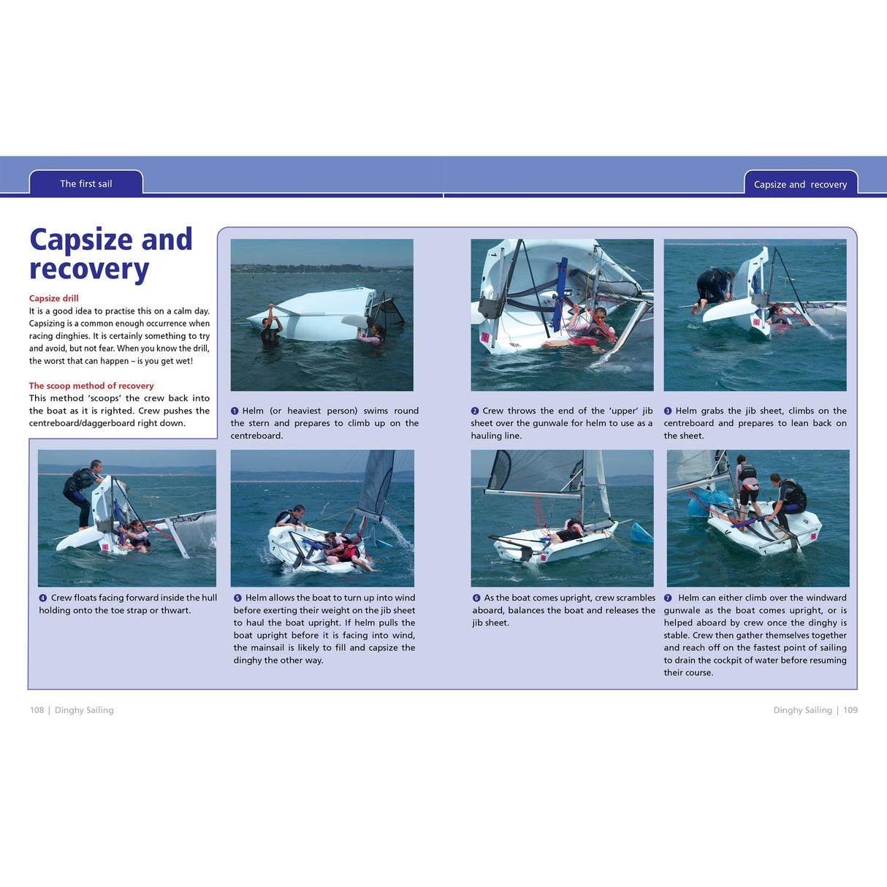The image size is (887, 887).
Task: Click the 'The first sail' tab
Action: point(86,183)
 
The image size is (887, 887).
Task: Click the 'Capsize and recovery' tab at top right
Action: point(800,184)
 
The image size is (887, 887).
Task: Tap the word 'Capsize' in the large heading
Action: point(81,240)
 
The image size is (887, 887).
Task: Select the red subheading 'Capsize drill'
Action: point(53,298)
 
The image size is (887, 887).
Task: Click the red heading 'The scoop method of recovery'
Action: point(91,386)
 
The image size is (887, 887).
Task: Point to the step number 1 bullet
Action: point(235,411)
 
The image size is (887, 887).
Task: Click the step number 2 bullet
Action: point(475,411)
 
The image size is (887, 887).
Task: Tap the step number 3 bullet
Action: point(668,411)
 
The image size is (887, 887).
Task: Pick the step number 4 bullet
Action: point(43,598)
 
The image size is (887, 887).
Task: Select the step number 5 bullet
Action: point(237,598)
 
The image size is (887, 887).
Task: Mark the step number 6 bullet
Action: point(476,598)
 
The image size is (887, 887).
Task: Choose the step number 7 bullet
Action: point(668,598)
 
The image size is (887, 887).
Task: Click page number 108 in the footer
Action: point(37,710)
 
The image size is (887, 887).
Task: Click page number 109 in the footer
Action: point(850,710)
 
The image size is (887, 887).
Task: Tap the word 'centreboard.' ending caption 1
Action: point(256,436)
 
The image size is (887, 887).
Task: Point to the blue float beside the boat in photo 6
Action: point(642,533)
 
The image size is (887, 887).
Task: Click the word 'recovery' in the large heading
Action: point(89,270)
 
